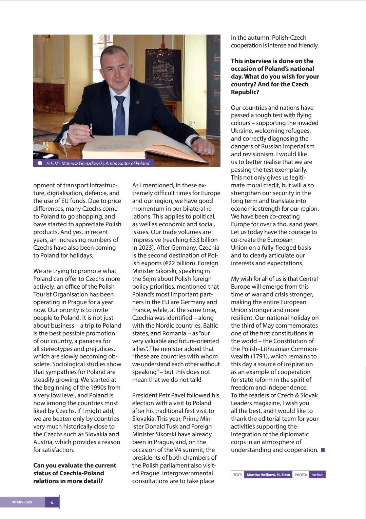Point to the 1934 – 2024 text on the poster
163,79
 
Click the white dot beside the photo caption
40,163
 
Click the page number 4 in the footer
52,502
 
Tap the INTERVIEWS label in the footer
22,502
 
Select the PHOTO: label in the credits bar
301,475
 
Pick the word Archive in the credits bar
317,475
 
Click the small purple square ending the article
323,450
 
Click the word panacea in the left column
88,341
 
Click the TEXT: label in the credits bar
237,475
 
